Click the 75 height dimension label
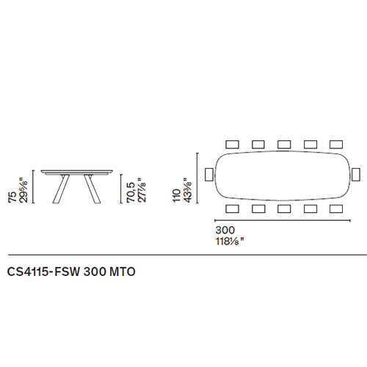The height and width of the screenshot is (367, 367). point(12,197)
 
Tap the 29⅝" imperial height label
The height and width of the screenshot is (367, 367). point(23,190)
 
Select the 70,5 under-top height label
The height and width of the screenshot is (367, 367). point(131,192)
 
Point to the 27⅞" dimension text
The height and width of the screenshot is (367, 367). point(142,190)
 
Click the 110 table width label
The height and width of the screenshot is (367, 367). point(177,195)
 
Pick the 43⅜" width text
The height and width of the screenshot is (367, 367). point(188,190)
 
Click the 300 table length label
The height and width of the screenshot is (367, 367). point(225,230)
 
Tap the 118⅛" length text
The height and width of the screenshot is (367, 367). point(230,241)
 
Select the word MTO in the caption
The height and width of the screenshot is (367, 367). point(123,272)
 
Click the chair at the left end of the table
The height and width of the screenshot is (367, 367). point(209,175)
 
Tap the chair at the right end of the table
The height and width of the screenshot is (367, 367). point(356,175)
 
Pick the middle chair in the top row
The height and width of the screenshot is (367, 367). point(284,145)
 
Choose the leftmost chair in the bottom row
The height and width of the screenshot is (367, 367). point(232,209)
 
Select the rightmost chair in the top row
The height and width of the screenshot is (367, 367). point(336,145)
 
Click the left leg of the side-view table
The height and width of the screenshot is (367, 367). point(61,189)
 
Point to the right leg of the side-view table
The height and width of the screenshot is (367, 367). point(92,189)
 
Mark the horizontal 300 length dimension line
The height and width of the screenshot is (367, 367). point(283,220)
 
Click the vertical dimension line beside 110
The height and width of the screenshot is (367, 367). point(197,178)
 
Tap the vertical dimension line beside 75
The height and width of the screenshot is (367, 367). point(34,186)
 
